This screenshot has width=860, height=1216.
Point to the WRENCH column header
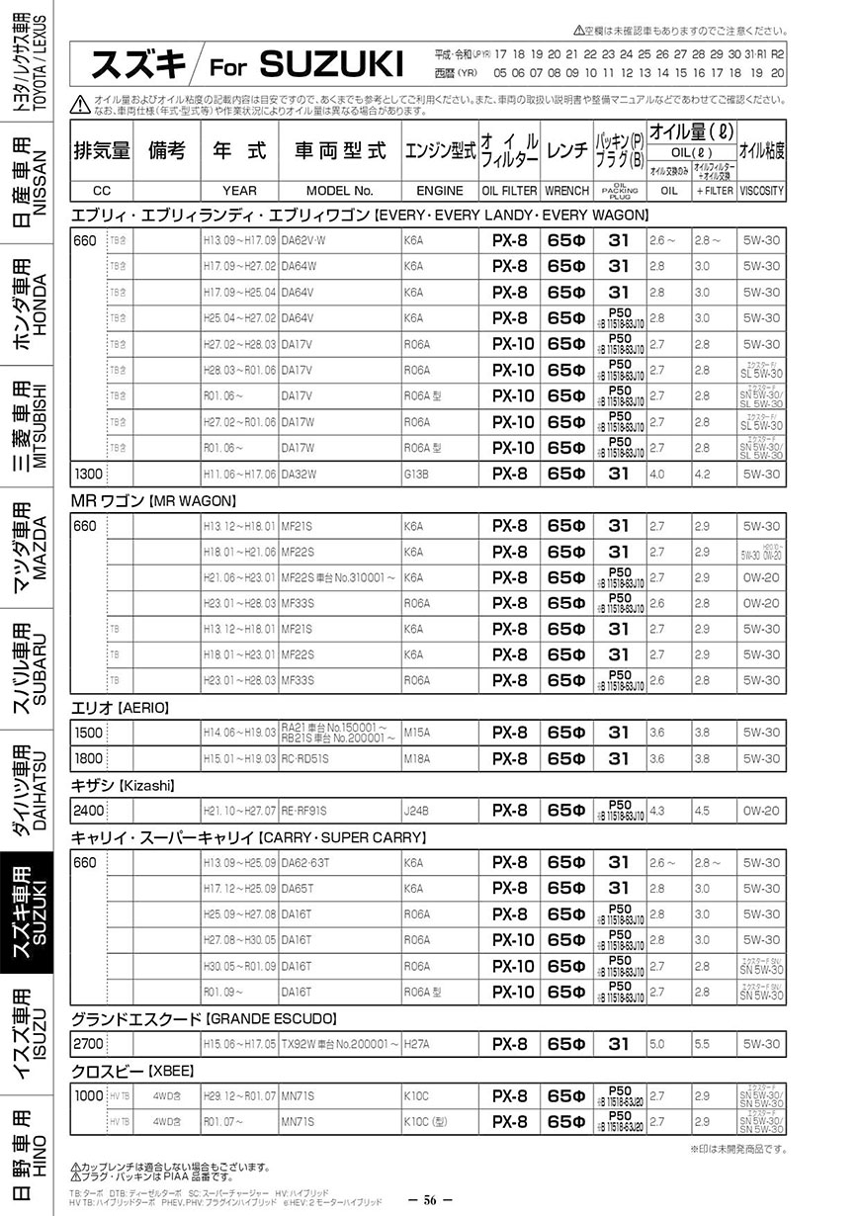click(x=566, y=191)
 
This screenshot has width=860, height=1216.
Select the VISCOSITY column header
click(x=761, y=191)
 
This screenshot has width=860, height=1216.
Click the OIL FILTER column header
click(x=509, y=191)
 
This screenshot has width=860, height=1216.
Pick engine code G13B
click(x=414, y=474)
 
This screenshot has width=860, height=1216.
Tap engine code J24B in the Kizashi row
click(x=415, y=811)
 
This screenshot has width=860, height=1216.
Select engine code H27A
click(x=414, y=1043)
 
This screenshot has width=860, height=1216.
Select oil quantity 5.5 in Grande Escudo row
click(x=702, y=1043)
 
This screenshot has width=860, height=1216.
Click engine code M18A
click(x=414, y=758)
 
